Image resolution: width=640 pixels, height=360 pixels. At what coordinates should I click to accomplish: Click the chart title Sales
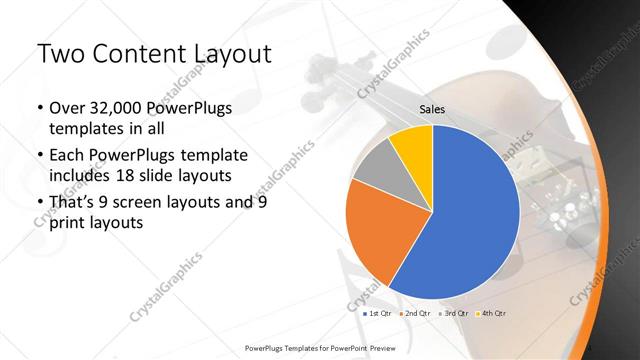[x=432, y=110]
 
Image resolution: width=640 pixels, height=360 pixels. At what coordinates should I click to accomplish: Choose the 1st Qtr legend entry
[x=378, y=313]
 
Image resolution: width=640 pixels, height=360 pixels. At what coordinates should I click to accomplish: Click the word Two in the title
[x=59, y=55]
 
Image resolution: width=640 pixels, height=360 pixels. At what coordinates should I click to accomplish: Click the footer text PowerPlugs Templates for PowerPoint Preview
[x=320, y=348]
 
